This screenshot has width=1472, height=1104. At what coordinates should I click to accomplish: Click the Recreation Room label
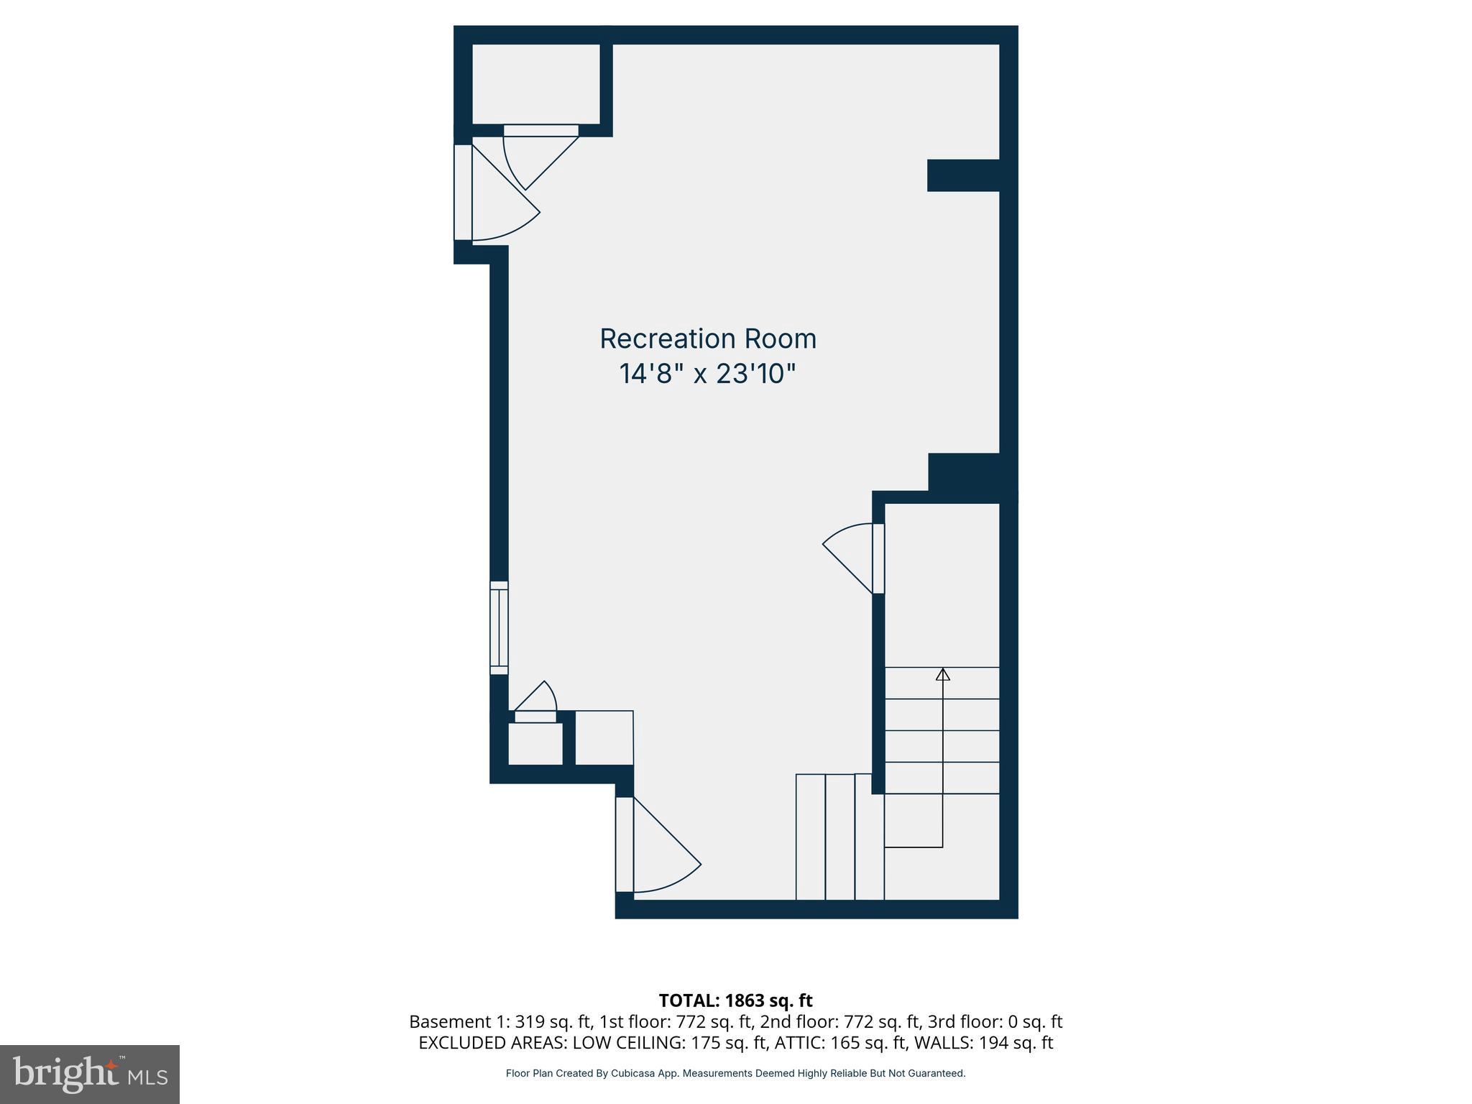(x=708, y=339)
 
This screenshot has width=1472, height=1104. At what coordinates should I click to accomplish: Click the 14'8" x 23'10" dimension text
(x=708, y=374)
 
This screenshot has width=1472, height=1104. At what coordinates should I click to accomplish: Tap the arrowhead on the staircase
(x=942, y=674)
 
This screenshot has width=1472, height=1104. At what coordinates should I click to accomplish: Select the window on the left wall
(x=499, y=627)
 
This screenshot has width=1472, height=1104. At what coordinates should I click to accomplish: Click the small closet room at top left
(x=535, y=83)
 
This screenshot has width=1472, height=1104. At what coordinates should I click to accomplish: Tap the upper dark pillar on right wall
(x=963, y=175)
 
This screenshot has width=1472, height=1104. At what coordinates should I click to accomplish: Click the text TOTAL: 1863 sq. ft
(x=735, y=1000)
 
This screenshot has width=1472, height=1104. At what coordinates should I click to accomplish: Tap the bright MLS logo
(x=90, y=1074)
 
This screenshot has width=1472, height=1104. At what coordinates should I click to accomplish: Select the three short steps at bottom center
(x=839, y=837)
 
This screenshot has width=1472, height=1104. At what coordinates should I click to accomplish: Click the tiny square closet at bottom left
(x=535, y=744)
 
